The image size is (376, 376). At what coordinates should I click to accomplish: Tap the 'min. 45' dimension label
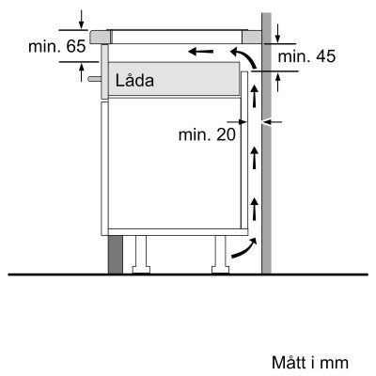point(306,57)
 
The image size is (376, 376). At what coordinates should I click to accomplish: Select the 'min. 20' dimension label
point(207,134)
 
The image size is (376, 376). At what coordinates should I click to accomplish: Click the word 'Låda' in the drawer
point(133,82)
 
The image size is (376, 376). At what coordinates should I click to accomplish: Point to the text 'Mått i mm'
point(310,361)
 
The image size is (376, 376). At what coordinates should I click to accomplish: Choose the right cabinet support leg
point(219,252)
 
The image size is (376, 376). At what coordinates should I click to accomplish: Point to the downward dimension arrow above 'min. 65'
point(83,18)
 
